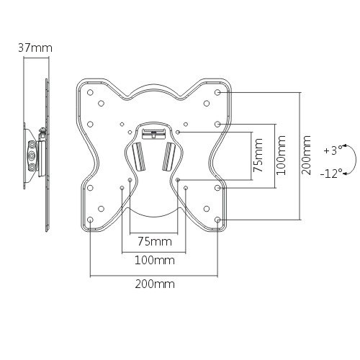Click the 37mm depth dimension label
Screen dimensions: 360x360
coord(35,48)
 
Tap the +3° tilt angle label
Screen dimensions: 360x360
coord(333,150)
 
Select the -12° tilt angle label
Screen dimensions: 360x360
coord(331,173)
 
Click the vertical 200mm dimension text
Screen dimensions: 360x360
coord(306,155)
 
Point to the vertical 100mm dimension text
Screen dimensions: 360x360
coord(281,156)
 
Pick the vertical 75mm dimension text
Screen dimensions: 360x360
coord(258,156)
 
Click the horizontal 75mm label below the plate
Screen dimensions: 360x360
coord(155,241)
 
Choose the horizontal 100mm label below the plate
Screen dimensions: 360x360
coord(155,260)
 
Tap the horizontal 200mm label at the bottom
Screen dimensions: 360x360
coord(155,284)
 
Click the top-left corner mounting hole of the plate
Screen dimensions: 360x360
coord(90,92)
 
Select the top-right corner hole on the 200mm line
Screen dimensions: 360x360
coord(217,92)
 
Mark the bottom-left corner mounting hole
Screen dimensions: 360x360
coord(90,220)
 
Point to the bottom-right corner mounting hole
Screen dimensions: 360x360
coord(217,220)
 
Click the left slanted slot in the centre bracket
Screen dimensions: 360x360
coord(139,157)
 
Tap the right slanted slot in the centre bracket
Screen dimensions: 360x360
coord(169,157)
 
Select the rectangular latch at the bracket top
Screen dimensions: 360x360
coord(153,134)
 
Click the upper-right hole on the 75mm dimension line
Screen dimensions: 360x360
coord(178,132)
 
